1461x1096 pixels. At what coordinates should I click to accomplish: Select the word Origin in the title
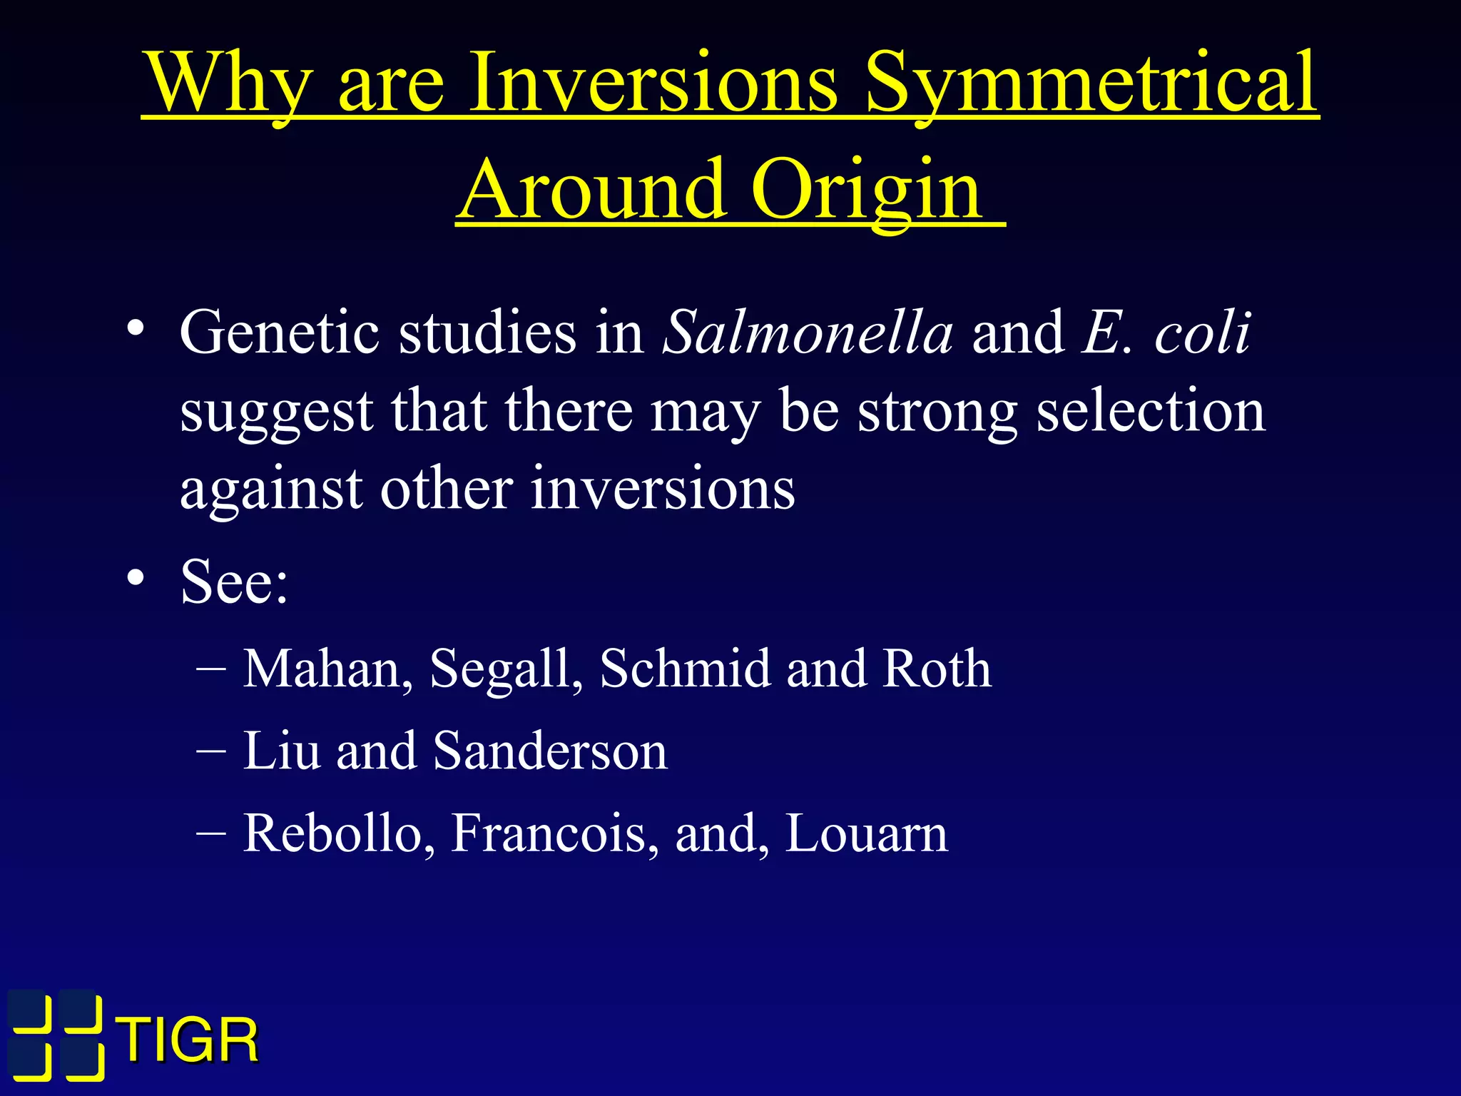(866, 191)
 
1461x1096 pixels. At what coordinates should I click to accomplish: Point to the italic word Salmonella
(808, 333)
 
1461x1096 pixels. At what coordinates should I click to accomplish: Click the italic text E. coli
(1166, 333)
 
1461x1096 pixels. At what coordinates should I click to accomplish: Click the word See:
(234, 582)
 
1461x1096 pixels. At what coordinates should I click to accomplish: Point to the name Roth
(936, 669)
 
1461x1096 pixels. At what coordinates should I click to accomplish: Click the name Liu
(281, 751)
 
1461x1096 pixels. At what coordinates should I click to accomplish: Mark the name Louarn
(866, 833)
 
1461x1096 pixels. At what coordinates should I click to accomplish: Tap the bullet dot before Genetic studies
(136, 329)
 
